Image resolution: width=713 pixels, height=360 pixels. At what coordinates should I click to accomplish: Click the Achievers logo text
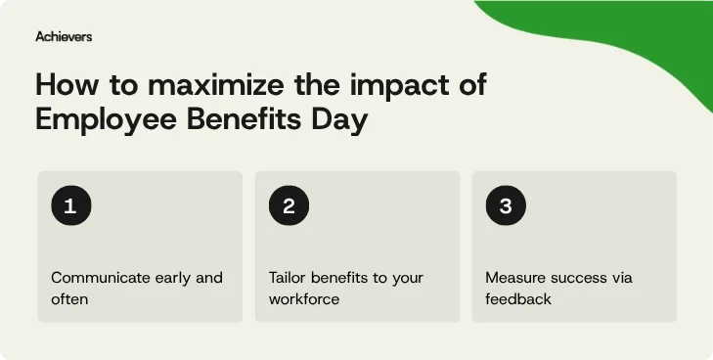(64, 36)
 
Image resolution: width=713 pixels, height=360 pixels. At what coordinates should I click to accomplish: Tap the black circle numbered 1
(70, 206)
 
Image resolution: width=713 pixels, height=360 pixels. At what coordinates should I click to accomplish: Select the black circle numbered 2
(289, 206)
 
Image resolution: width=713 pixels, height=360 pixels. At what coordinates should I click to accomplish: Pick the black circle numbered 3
(506, 206)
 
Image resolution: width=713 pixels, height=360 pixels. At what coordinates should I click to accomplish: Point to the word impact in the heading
(395, 85)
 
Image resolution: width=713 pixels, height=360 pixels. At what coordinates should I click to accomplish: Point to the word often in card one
(69, 298)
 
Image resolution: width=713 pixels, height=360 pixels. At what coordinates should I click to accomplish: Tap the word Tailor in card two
(290, 278)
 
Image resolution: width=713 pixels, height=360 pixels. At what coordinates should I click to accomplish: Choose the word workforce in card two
(304, 298)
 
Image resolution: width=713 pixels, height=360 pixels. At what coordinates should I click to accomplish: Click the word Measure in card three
(514, 278)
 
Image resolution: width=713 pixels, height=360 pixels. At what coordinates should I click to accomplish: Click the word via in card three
(622, 278)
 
